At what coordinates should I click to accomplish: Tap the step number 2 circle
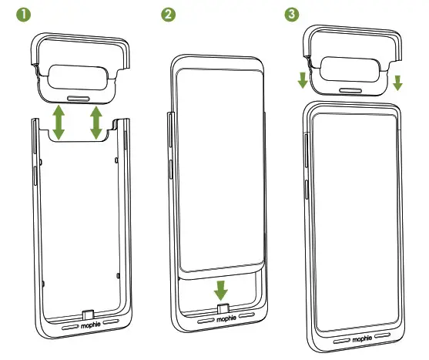click(x=167, y=15)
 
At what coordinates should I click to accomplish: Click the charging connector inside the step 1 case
click(x=89, y=315)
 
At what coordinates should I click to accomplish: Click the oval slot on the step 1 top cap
click(x=79, y=99)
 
